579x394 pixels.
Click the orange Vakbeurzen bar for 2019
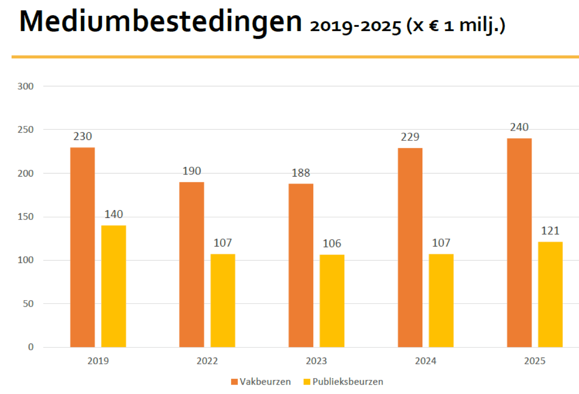coord(82,247)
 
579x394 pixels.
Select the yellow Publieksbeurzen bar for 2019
coord(113,286)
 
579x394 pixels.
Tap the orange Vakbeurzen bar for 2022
coord(191,264)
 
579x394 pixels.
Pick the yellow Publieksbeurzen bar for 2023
coord(332,301)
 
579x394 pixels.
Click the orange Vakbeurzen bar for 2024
coord(410,247)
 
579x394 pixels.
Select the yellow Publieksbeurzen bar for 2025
coord(550,294)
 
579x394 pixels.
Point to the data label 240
coord(519,127)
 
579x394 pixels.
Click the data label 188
coord(301,173)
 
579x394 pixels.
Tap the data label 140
coord(113,214)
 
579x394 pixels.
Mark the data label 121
coord(550,231)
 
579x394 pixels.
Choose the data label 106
coord(332,244)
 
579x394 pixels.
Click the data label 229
coord(410,137)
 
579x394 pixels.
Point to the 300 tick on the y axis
coord(26,86)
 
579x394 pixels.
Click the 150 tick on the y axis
coord(26,217)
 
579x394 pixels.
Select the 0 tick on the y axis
coord(31,347)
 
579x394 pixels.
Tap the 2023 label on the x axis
coord(316,361)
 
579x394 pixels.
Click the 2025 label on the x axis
coord(535,361)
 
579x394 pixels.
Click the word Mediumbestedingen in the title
coord(160,21)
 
